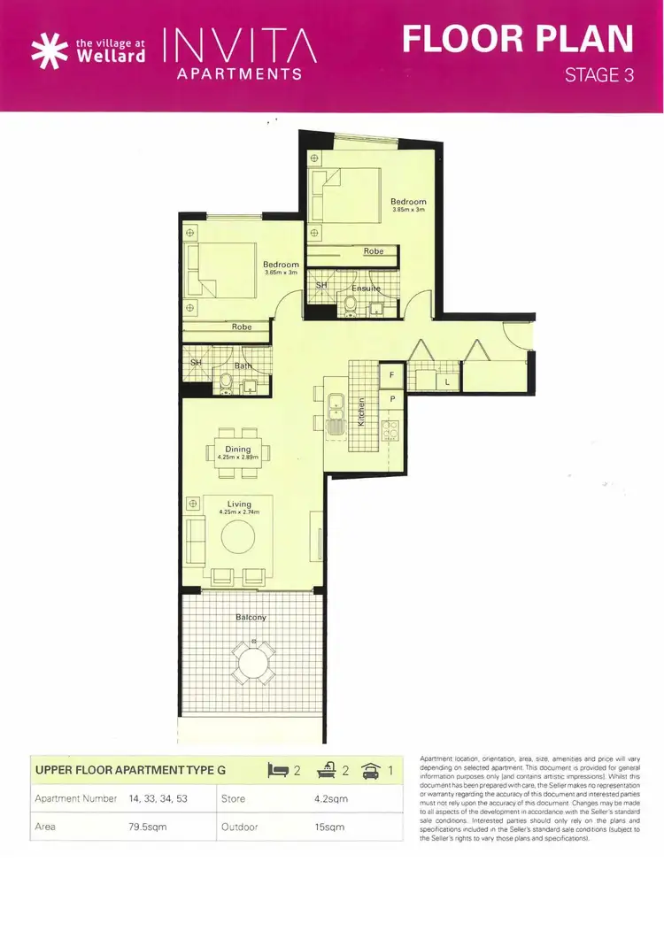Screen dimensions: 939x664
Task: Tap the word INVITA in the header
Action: pos(240,44)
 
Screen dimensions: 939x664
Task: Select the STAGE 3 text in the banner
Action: pos(599,75)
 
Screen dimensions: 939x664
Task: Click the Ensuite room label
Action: pos(366,289)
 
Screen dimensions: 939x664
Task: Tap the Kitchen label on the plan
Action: pos(361,413)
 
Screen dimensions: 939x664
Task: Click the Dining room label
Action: pos(237,449)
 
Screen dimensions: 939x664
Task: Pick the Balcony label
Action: pos(251,617)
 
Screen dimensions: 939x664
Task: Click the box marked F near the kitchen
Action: pos(391,375)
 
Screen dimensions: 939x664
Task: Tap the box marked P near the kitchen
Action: pos(391,400)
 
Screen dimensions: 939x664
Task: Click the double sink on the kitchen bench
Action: pos(335,417)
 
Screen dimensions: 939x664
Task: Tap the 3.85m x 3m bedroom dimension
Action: pos(408,210)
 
